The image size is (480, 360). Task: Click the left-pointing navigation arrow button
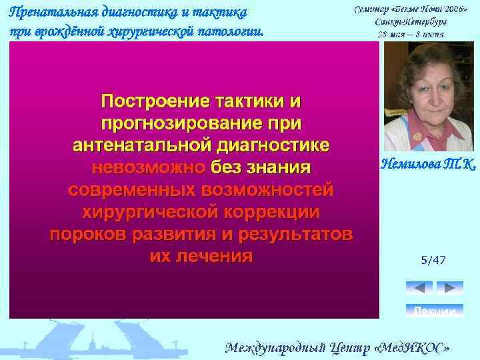419,288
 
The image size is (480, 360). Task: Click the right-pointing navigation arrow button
450,288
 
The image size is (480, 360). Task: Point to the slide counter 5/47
433,260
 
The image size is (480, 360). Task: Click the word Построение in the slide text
153,101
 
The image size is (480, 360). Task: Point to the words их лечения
201,257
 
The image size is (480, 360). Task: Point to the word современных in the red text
130,190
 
